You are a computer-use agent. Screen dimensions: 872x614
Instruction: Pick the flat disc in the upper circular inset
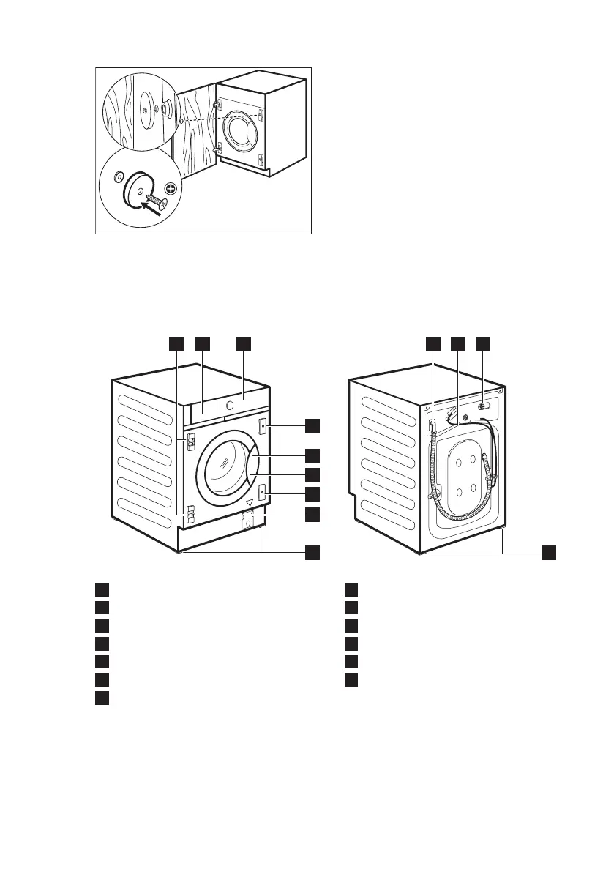tap(146, 108)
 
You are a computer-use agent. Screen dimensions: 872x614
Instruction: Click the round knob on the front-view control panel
tap(231, 403)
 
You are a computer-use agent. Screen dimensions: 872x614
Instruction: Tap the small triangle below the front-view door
tap(250, 503)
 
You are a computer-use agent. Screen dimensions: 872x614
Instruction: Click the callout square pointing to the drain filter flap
tap(312, 515)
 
